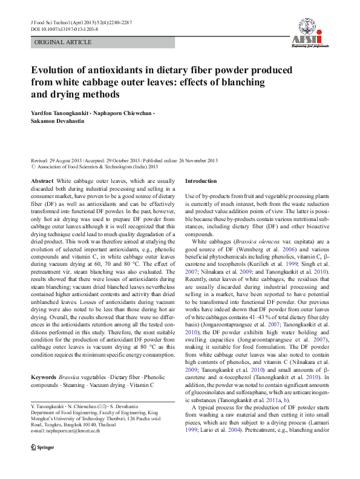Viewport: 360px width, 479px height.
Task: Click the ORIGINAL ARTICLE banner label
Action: pos(63,42)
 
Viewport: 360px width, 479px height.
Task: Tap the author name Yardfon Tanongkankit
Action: pos(67,113)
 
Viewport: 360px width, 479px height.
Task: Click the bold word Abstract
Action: pos(41,181)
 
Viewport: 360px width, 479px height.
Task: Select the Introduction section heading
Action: pos(200,181)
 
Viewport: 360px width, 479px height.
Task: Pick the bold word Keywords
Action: pos(43,377)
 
